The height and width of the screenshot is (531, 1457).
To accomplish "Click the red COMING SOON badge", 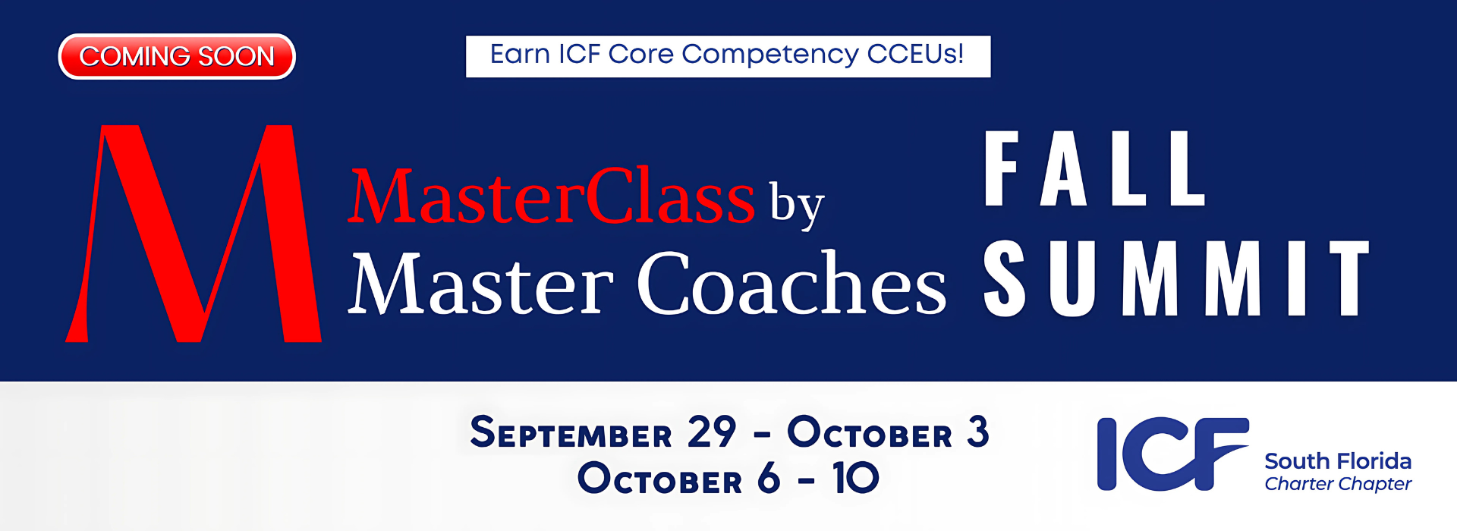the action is coord(177,56).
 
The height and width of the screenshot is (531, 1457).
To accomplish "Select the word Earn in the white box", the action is coord(519,54).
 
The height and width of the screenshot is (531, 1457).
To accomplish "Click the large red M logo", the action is coord(194,234).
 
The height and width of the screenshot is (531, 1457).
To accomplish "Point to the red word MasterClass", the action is coord(552,197).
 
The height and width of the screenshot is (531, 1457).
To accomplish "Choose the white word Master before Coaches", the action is coord(481,284).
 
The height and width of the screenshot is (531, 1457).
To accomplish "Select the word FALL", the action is coord(1095,168).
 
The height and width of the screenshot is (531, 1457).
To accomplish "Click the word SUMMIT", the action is coord(1177,278).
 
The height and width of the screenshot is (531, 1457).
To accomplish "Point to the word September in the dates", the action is coord(571,432).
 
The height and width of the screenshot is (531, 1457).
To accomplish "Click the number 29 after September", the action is coord(712,432).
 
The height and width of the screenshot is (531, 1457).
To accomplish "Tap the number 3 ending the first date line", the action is coord(978,432).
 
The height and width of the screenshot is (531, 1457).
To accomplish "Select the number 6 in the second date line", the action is coord(769,478).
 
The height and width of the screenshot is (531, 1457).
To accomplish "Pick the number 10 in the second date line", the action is coord(856,478).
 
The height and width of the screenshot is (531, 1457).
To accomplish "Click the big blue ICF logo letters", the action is coord(1173,454).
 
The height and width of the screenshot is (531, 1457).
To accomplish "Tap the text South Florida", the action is coord(1338,461).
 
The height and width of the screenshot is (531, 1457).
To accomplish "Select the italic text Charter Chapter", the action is coord(1338,484).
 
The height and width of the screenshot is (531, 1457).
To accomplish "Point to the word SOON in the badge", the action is coord(236,56).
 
